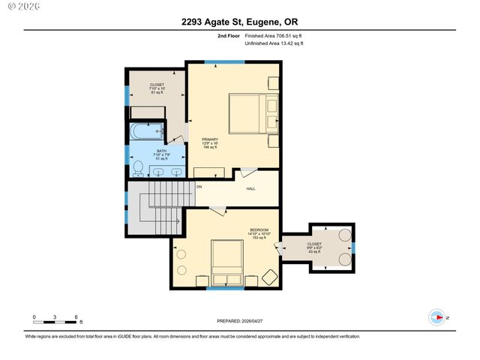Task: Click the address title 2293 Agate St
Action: coord(239,22)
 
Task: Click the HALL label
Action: coord(250,188)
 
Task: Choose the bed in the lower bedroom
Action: coord(227,259)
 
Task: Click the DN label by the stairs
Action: coord(199,186)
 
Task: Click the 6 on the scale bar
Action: coord(76,317)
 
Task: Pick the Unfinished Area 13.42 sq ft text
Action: coord(274,43)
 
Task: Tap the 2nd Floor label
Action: coord(229,35)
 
